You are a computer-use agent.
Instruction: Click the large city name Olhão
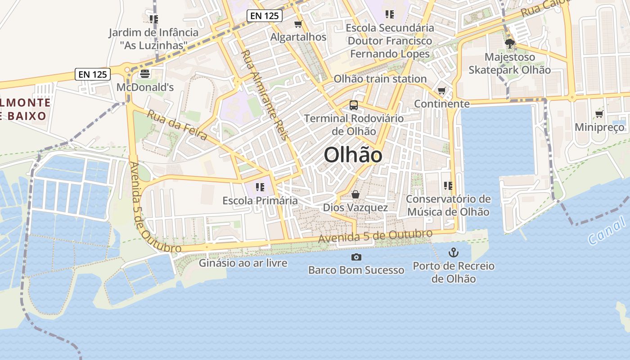(x=353, y=155)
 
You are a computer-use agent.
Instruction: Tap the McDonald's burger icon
(x=145, y=73)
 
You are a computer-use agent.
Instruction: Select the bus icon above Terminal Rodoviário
(x=354, y=105)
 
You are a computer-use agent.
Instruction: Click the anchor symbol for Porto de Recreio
(x=454, y=252)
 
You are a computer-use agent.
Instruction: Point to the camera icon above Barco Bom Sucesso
(x=356, y=257)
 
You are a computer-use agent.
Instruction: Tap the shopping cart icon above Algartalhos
(x=298, y=24)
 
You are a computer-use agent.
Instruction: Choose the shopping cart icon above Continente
(x=442, y=91)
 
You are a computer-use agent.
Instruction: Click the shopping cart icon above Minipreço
(x=599, y=114)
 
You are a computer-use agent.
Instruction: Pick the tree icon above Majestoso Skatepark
(x=509, y=44)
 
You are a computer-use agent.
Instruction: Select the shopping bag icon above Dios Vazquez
(x=355, y=194)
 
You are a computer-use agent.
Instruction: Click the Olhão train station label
(x=380, y=79)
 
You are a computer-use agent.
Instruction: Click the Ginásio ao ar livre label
(x=243, y=263)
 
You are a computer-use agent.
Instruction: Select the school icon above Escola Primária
(x=260, y=187)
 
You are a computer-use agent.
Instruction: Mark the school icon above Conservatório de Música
(x=448, y=185)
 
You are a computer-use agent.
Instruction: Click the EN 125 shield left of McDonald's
(x=93, y=74)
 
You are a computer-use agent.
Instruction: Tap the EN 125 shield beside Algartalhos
(x=265, y=16)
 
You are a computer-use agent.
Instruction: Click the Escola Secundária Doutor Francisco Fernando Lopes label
(x=390, y=41)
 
